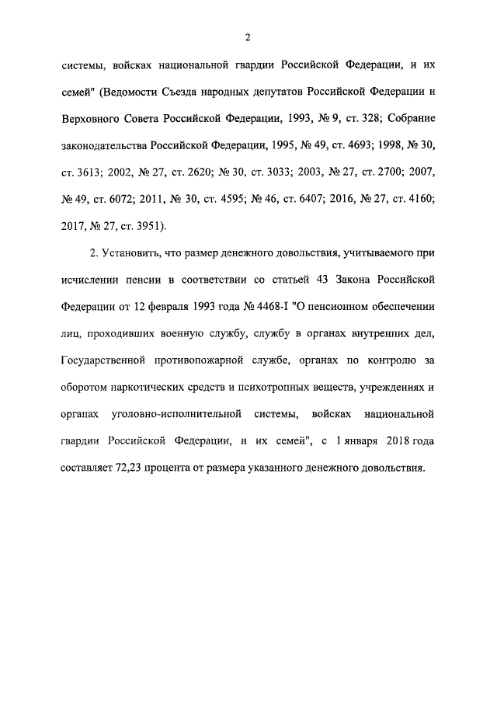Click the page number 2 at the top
point(248,37)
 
